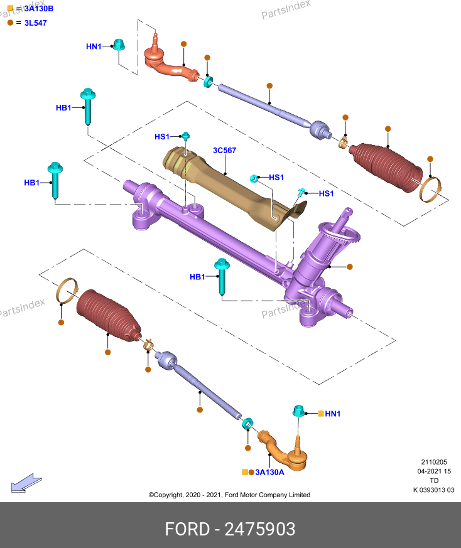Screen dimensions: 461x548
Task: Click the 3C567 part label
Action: tap(225, 150)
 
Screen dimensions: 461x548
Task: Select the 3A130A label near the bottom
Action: tap(269, 472)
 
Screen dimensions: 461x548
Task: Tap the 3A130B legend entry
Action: tap(39, 8)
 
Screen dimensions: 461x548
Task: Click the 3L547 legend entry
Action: tap(35, 23)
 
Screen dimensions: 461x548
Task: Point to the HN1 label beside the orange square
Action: tap(333, 414)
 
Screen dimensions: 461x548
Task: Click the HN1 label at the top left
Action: tap(94, 46)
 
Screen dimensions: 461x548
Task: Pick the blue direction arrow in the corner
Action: tap(26, 483)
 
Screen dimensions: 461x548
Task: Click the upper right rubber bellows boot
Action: tap(386, 166)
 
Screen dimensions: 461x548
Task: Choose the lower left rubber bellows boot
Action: tap(108, 315)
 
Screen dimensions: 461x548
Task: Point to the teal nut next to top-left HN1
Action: tap(119, 45)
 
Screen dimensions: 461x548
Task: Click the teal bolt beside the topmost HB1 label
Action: tap(88, 106)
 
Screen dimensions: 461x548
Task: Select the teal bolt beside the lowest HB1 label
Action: tap(222, 277)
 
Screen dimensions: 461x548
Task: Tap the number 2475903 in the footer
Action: tap(259, 529)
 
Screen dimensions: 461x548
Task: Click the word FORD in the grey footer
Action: tap(187, 529)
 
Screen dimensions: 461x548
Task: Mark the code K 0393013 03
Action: tap(434, 490)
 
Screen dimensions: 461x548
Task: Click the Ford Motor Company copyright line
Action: tap(229, 495)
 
